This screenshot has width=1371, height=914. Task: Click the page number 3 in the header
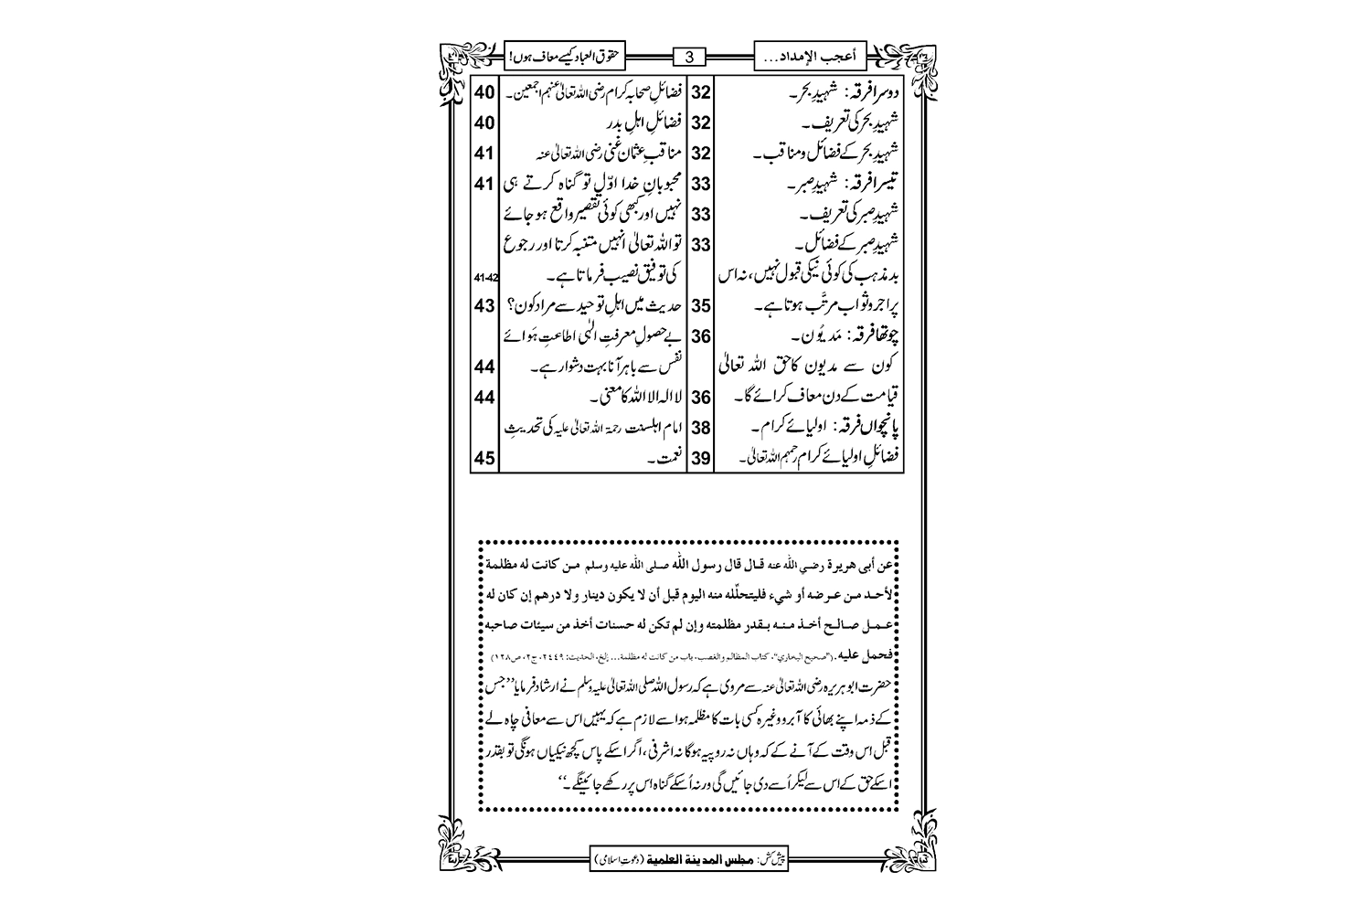[690, 58]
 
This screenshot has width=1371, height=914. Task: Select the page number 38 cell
[701, 428]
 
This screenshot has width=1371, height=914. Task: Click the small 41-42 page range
[484, 276]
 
